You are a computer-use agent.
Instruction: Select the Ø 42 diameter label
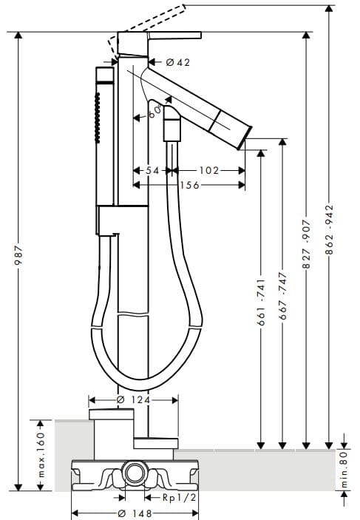pos(174,63)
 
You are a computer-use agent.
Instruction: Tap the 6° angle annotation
pos(154,112)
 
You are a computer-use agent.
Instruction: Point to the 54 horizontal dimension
pos(152,170)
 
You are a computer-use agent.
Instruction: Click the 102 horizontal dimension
pos(209,170)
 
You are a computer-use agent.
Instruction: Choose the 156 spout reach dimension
pos(189,185)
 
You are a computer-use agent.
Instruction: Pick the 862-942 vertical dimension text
pos(329,232)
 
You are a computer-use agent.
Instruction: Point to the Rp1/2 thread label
pos(180,497)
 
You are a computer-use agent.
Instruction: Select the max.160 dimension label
pos(41,455)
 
